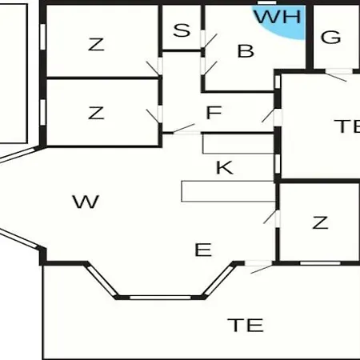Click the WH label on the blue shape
pyautogui.click(x=278, y=17)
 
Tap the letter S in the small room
pyautogui.click(x=182, y=30)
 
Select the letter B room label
pyautogui.click(x=246, y=51)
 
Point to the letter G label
pyautogui.click(x=330, y=37)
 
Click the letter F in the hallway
pyautogui.click(x=214, y=113)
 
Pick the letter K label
pyautogui.click(x=225, y=168)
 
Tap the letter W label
pyautogui.click(x=86, y=202)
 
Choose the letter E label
pyautogui.click(x=203, y=250)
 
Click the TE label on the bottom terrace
pyautogui.click(x=246, y=325)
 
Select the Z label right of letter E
pyautogui.click(x=320, y=222)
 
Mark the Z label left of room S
pyautogui.click(x=96, y=45)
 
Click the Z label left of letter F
pyautogui.click(x=96, y=113)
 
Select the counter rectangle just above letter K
pyautogui.click(x=238, y=144)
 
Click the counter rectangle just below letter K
pyautogui.click(x=228, y=191)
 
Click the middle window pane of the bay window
pyautogui.click(x=160, y=298)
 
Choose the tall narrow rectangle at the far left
pyautogui.click(x=14, y=74)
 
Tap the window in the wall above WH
pyautogui.click(x=266, y=2)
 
